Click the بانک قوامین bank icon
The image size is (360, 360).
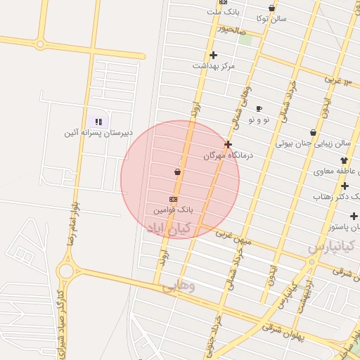pyautogui.click(x=173, y=199)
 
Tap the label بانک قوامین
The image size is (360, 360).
pyautogui.click(x=173, y=210)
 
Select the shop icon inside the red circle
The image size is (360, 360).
pyautogui.click(x=176, y=172)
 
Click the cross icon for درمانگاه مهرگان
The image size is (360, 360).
pyautogui.click(x=228, y=144)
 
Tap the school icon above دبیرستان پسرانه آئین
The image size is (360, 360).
pyautogui.click(x=98, y=122)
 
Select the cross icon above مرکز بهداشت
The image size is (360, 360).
pyautogui.click(x=213, y=55)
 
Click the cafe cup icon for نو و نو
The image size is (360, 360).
pyautogui.click(x=259, y=109)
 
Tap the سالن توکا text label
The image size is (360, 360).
pyautogui.click(x=271, y=19)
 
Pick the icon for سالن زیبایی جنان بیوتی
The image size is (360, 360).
pyautogui.click(x=313, y=132)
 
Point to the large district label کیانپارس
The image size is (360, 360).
pyautogui.click(x=333, y=247)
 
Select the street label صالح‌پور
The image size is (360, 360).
pyautogui.click(x=231, y=30)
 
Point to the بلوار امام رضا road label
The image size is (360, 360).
pyautogui.click(x=70, y=229)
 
